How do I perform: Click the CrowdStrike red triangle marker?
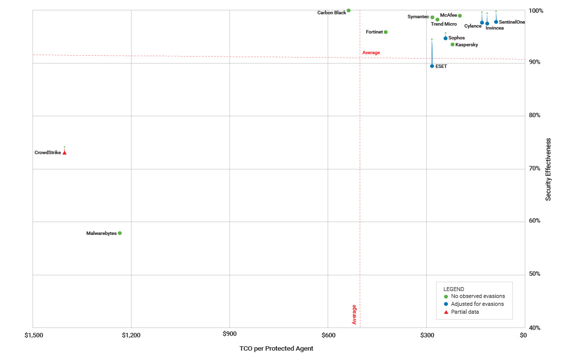click(x=65, y=153)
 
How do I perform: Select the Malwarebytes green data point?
click(x=120, y=233)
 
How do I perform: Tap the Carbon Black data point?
click(x=348, y=10)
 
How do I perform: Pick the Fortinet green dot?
click(x=386, y=32)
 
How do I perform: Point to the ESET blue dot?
click(x=432, y=66)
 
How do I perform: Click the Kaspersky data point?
click(x=452, y=44)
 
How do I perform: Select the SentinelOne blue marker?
click(x=496, y=22)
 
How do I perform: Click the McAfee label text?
click(x=448, y=15)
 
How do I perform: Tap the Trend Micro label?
click(x=443, y=24)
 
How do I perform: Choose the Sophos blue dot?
click(x=445, y=38)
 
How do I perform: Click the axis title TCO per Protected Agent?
click(x=276, y=349)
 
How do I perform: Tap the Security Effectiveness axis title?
click(x=548, y=169)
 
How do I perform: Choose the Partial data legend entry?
click(x=465, y=312)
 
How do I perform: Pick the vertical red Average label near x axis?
click(x=354, y=314)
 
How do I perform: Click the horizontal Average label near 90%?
click(x=371, y=52)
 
